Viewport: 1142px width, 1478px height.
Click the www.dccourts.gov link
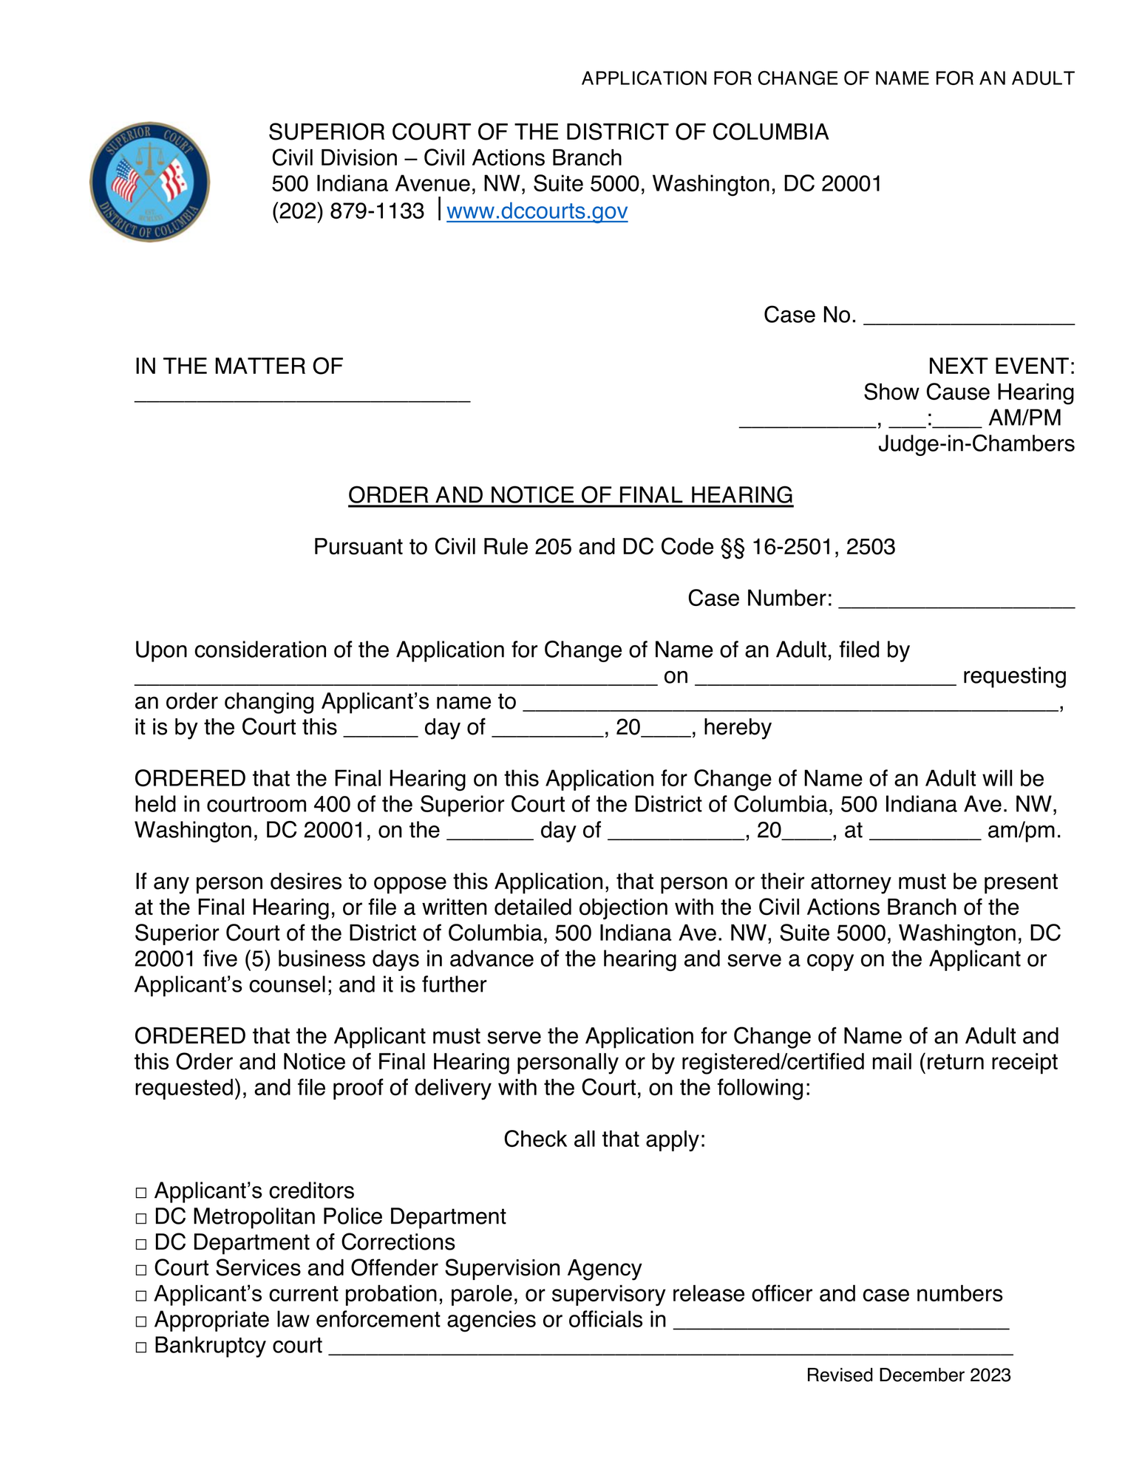point(537,211)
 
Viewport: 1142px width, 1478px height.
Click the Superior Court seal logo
point(150,182)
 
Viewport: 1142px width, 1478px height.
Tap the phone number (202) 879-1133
point(348,211)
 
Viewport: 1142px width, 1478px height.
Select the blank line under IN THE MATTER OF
point(302,396)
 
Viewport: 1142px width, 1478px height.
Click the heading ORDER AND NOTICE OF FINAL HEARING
point(570,495)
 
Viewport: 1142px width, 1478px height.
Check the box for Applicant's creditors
point(142,1193)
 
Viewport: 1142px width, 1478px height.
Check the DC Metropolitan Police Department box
point(142,1219)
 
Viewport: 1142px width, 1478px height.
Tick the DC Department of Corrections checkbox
point(142,1244)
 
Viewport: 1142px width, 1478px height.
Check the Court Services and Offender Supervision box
point(142,1270)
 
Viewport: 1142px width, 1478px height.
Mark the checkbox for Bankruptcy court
point(142,1348)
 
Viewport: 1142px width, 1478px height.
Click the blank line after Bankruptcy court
point(670,1349)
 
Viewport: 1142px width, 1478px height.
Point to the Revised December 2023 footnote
point(908,1375)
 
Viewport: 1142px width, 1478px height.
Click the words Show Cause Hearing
point(968,392)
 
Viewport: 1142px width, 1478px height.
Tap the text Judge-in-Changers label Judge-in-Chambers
point(976,444)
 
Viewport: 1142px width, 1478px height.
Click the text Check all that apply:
point(605,1140)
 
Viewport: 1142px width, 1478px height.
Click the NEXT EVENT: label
point(1001,367)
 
